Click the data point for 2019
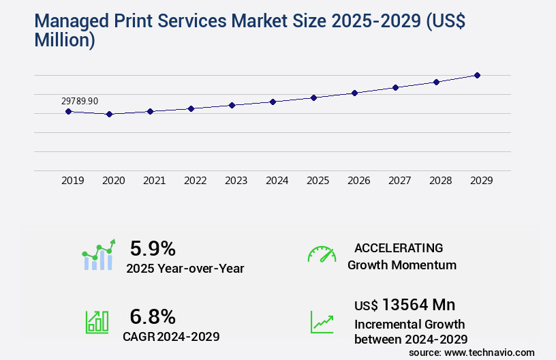click(x=68, y=111)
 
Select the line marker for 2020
click(x=109, y=114)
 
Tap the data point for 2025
click(x=313, y=97)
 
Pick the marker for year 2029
click(x=477, y=75)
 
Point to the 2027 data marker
click(x=395, y=87)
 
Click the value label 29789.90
click(x=80, y=101)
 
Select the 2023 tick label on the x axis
click(x=236, y=181)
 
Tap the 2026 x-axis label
click(x=358, y=181)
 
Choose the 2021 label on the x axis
click(x=154, y=181)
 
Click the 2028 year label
click(x=440, y=181)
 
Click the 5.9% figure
click(x=153, y=248)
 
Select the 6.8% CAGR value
click(x=153, y=316)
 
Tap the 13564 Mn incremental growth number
click(x=418, y=304)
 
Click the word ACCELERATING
click(x=399, y=248)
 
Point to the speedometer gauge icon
click(x=322, y=254)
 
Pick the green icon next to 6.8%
click(x=97, y=322)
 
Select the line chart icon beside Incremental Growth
click(x=322, y=322)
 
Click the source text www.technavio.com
click(x=490, y=352)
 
